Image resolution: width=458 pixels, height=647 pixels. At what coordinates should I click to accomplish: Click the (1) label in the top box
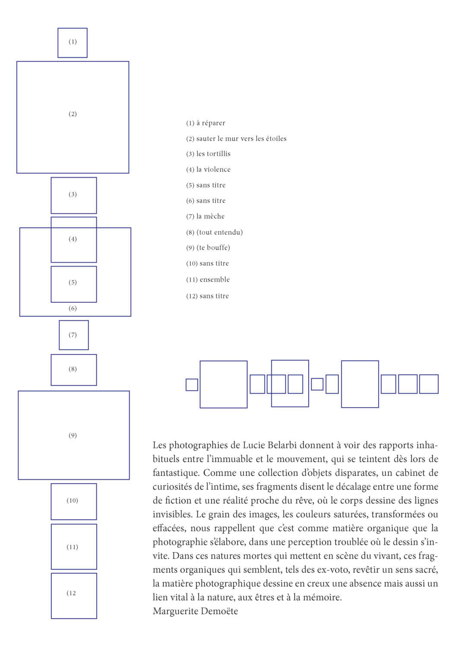tap(73, 41)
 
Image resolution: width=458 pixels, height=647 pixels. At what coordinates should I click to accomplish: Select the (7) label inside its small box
tap(73, 335)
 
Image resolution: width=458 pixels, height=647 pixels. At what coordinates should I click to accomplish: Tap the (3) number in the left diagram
tap(73, 194)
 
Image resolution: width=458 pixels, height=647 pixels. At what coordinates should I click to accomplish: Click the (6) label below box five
tap(73, 308)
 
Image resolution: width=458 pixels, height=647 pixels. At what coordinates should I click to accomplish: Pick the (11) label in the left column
tap(72, 547)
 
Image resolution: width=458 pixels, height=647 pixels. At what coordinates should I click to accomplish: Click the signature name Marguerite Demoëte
tap(195, 611)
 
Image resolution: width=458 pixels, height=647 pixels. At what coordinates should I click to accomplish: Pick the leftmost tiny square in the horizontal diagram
tap(192, 385)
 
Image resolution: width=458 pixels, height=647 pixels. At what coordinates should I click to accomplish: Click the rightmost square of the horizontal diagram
tap(429, 384)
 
